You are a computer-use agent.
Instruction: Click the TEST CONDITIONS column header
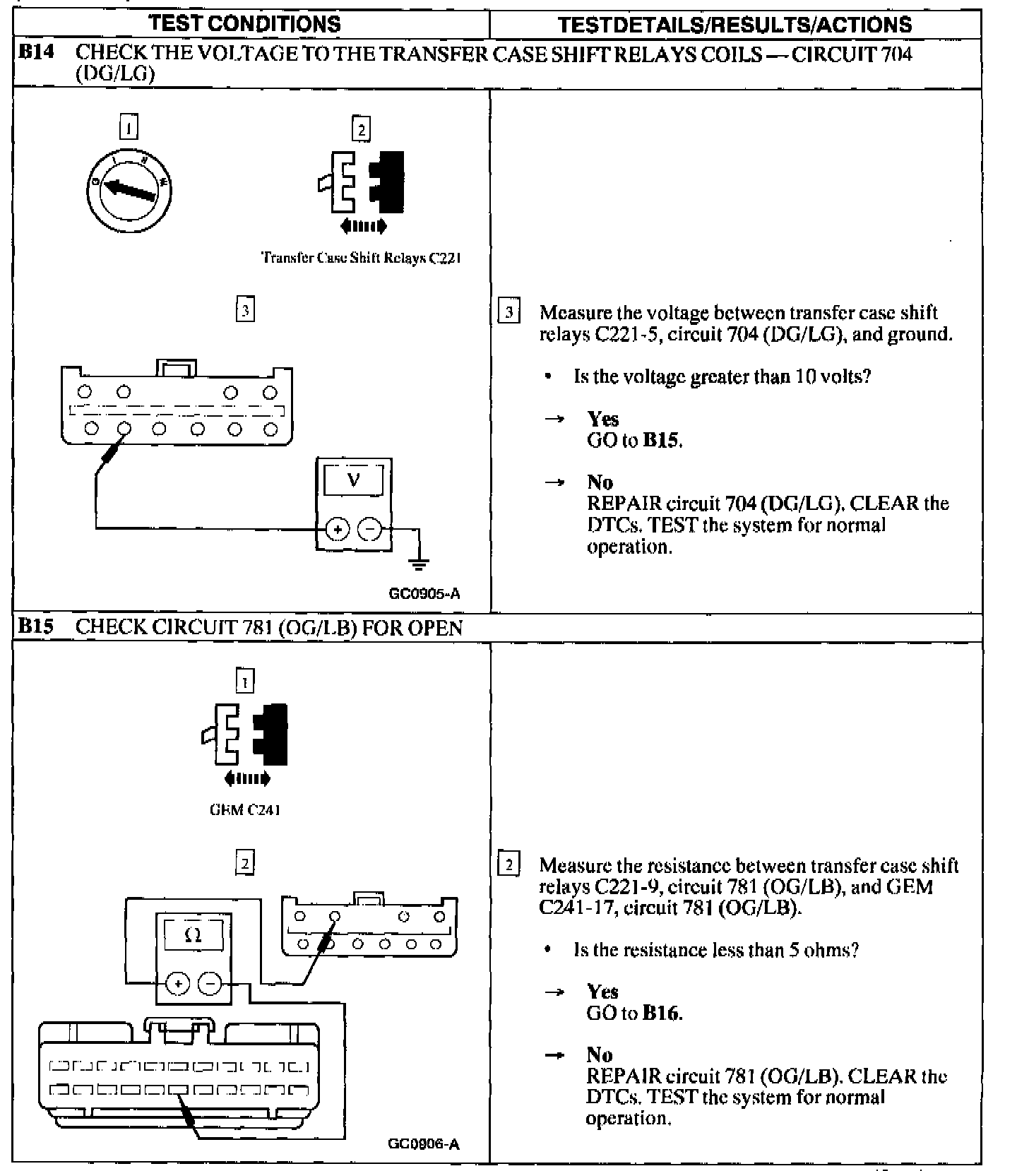245,24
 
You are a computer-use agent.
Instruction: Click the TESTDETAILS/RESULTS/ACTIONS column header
734,25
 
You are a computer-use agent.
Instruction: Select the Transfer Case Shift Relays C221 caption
361,258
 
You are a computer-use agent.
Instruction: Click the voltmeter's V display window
353,481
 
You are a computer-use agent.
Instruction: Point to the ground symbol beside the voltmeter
420,563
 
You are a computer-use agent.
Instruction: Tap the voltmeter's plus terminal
338,530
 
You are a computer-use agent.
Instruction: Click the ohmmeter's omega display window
193,936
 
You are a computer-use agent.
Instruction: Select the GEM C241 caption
244,810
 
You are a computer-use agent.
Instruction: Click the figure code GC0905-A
424,594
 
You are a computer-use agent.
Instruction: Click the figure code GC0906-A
424,1143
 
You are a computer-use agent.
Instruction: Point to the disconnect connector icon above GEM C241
245,735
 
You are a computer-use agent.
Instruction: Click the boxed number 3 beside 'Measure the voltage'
509,311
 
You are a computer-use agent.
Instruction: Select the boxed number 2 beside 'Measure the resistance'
509,864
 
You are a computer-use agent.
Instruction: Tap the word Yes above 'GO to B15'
602,419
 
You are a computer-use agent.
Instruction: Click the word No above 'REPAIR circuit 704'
600,482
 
